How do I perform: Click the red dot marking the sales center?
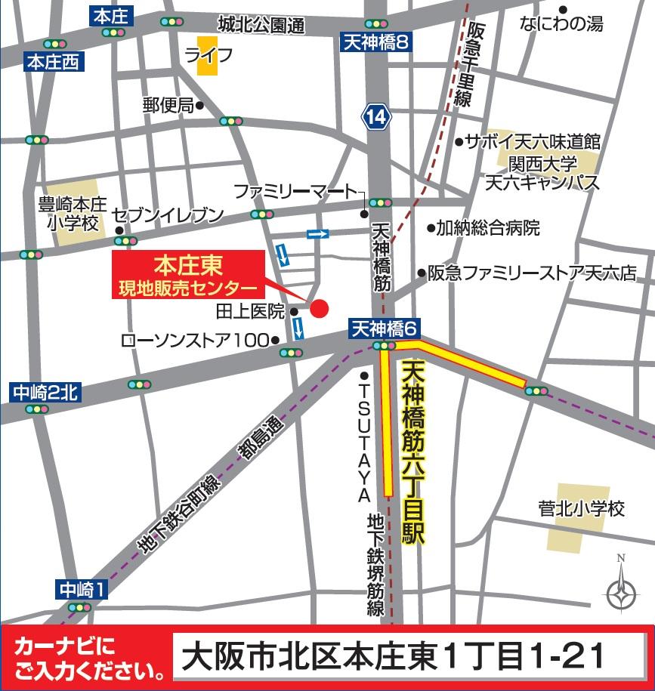[x=320, y=309]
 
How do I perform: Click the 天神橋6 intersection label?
[x=384, y=329]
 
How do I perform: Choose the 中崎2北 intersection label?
[x=45, y=392]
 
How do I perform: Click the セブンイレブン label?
[x=168, y=215]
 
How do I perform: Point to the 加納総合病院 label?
[x=488, y=227]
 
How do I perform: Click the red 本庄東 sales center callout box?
[x=188, y=276]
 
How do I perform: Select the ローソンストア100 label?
[x=195, y=341]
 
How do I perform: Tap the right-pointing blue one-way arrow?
[x=318, y=234]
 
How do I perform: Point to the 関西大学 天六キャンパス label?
[x=542, y=173]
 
